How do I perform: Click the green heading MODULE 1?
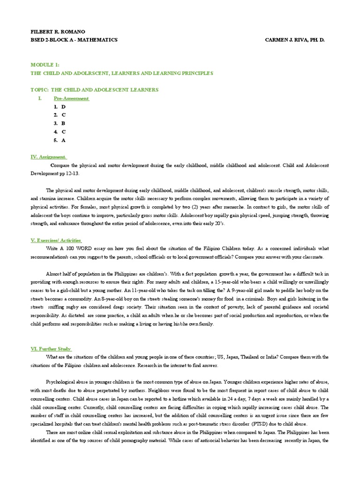point(45,65)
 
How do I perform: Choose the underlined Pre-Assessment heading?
point(71,98)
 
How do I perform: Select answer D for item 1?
point(63,107)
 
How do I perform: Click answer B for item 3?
point(63,123)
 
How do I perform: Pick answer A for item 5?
point(63,140)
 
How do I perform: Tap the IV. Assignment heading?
point(49,157)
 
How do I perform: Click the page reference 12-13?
point(73,173)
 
